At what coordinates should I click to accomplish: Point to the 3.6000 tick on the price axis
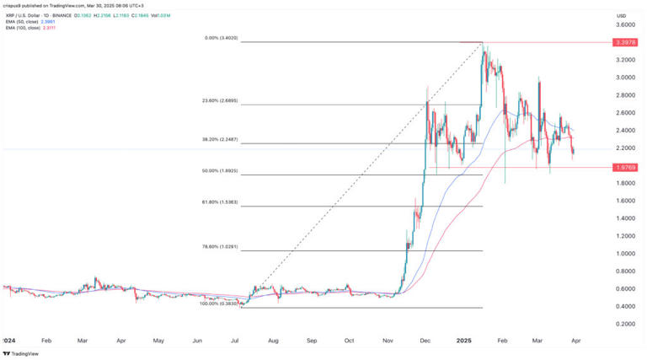[627, 24]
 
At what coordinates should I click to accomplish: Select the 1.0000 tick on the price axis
[627, 254]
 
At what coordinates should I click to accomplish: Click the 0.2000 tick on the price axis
[627, 325]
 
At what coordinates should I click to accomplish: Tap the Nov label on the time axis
[388, 341]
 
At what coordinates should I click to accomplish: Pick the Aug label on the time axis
[273, 341]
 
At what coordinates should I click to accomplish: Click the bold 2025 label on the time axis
[463, 341]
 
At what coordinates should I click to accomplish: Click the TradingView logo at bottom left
[24, 353]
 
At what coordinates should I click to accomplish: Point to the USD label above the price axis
[622, 15]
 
